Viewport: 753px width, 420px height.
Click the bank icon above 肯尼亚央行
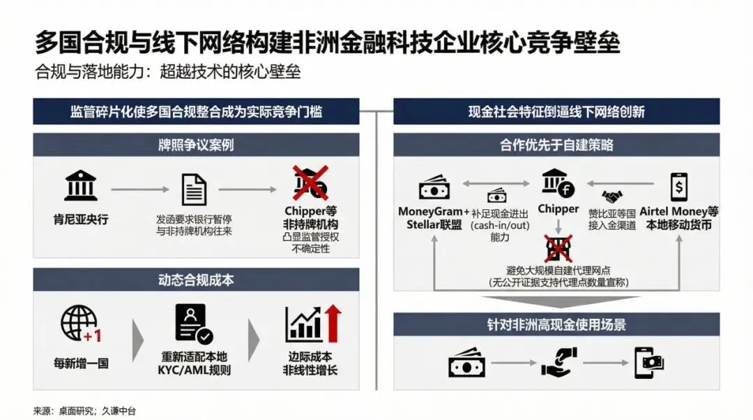[x=81, y=188]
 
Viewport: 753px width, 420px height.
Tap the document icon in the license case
[x=193, y=189]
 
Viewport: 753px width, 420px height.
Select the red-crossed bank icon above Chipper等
[x=311, y=183]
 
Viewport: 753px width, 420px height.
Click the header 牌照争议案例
[x=196, y=146]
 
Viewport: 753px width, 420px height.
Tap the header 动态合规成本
[x=196, y=280]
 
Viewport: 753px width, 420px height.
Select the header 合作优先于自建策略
[x=556, y=146]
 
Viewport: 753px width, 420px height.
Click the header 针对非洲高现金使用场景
[x=556, y=324]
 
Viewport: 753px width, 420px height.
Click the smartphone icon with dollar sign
[x=678, y=187]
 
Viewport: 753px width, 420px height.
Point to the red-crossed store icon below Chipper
[x=558, y=249]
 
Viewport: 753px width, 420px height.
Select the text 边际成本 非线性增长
[x=310, y=363]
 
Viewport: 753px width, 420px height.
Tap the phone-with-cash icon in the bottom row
[x=649, y=363]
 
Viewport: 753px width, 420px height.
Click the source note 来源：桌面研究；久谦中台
[x=84, y=411]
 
